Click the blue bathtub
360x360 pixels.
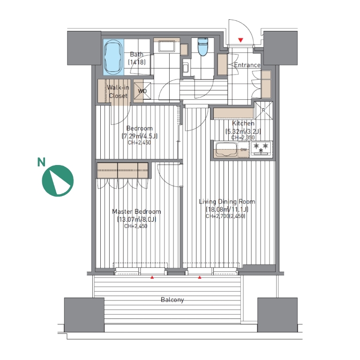[113, 57]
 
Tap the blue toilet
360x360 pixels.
[202, 47]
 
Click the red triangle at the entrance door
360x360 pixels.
[240, 40]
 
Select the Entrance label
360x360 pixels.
[247, 65]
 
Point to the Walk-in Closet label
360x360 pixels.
[118, 91]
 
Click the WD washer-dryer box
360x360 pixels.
[142, 90]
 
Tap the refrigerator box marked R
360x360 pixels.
[263, 111]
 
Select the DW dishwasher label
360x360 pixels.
[244, 150]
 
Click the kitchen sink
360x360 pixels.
[225, 150]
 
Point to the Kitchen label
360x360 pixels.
[243, 123]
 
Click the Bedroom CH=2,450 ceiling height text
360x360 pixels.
[139, 142]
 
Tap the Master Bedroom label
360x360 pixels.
[136, 211]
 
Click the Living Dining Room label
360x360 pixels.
[227, 202]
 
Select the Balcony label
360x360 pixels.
[172, 300]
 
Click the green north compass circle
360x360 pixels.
[58, 180]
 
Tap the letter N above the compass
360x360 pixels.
[41, 162]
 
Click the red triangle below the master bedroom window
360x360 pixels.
[152, 277]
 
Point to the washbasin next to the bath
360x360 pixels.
[167, 47]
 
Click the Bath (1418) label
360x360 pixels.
[136, 58]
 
